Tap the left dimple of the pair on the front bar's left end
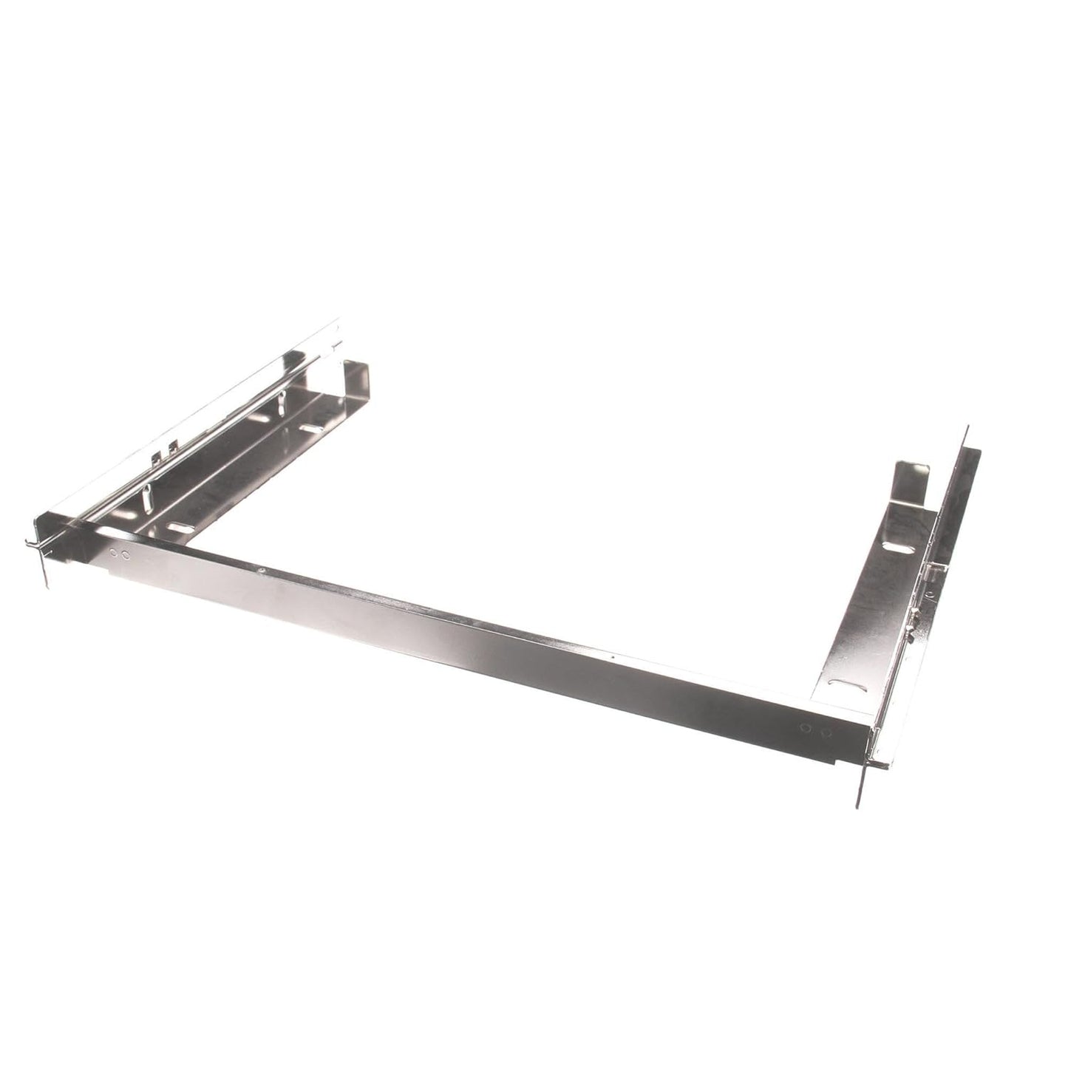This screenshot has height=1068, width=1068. [113, 552]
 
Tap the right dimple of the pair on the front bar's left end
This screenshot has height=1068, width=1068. [125, 554]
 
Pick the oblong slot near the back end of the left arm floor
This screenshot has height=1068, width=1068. [311, 429]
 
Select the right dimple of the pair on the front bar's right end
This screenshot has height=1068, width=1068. [826, 732]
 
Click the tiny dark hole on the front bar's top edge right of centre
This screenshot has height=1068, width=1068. [613, 656]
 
